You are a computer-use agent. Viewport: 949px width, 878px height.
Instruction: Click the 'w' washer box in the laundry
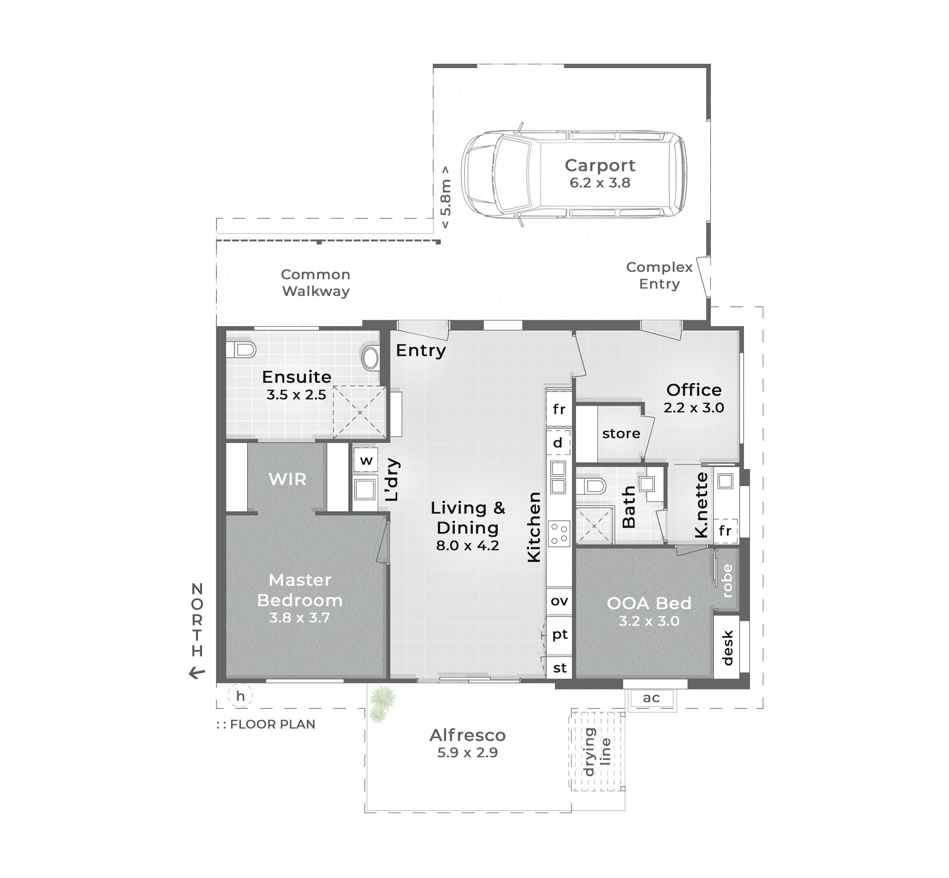pos(365,460)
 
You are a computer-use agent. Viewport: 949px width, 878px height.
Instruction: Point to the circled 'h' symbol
pos(240,696)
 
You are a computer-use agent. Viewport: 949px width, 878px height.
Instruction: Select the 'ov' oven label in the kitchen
pos(559,601)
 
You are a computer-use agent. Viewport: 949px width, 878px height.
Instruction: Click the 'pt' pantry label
pos(560,634)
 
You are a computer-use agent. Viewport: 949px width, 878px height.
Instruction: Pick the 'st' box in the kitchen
pos(560,668)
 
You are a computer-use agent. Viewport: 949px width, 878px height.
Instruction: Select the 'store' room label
pos(621,433)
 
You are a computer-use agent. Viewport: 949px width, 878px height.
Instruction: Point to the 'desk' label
pos(727,648)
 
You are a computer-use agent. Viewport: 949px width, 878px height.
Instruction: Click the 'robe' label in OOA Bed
pos(727,581)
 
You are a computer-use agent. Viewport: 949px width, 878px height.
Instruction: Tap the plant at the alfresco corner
pos(382,702)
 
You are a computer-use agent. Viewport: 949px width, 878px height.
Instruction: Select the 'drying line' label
pos(597,751)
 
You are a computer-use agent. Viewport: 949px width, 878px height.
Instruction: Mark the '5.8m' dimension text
pos(445,197)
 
